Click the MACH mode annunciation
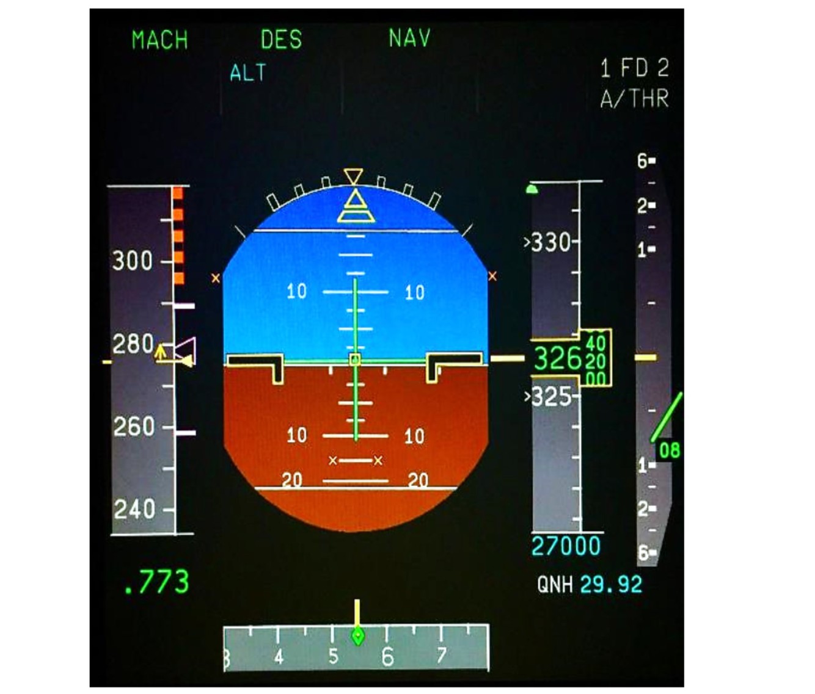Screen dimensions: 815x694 point(159,40)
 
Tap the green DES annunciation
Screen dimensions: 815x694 point(281,40)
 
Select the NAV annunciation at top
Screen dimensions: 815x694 point(409,38)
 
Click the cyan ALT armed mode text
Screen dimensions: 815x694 point(248,73)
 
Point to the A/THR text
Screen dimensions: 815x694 point(634,99)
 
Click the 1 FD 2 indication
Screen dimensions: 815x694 point(634,68)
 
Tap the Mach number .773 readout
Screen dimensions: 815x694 point(156,582)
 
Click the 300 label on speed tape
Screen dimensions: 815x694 point(132,261)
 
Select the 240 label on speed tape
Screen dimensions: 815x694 point(134,508)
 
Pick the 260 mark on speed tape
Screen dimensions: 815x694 point(134,426)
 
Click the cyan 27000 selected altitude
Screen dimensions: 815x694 point(566,546)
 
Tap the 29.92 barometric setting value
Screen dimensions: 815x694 point(611,585)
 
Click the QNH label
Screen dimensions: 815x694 point(555,585)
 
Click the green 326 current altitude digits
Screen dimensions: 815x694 point(557,359)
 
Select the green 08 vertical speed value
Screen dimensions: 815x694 point(670,450)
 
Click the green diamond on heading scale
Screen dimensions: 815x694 point(358,637)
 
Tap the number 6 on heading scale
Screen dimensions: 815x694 point(387,657)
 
